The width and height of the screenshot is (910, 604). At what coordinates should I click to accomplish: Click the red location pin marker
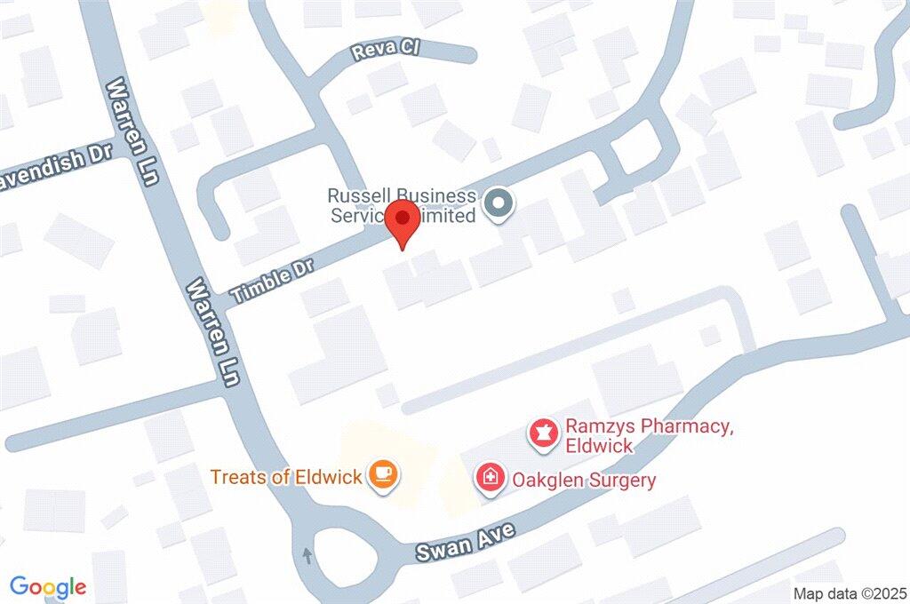coord(405,221)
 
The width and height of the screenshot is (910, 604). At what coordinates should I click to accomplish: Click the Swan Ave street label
coord(467,541)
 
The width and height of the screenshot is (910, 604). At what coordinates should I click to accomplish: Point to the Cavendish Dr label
coord(55,163)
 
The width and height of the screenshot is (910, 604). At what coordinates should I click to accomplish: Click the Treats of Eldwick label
coord(286,477)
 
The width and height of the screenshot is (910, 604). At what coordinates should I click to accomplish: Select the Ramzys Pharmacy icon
coord(539,434)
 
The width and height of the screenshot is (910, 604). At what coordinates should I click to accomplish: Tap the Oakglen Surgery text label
coord(583,481)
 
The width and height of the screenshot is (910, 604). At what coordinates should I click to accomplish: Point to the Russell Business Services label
coord(402,205)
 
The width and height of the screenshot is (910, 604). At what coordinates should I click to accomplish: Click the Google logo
coord(48,586)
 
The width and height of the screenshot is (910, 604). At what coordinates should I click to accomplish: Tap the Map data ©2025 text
coord(850,593)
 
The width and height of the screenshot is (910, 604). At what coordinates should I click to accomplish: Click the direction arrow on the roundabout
coord(308,556)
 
